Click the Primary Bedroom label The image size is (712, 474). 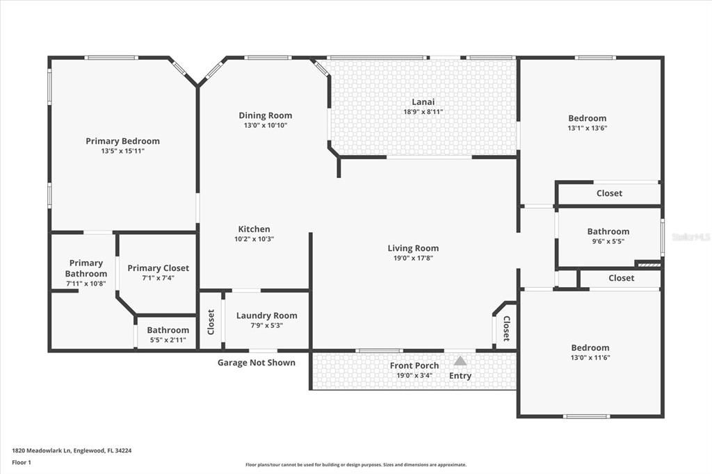[122, 141]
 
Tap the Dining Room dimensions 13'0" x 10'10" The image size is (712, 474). [265, 126]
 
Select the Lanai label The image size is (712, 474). [423, 102]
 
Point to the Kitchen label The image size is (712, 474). [254, 229]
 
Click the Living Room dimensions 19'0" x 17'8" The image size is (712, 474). [413, 259]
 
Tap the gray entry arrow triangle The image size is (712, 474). [460, 361]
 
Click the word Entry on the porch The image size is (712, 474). [460, 376]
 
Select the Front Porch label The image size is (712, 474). [414, 366]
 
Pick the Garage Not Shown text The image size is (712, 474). [256, 363]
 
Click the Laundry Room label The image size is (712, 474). [266, 316]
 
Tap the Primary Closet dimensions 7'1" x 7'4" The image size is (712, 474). [158, 278]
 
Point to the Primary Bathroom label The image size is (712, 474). [86, 268]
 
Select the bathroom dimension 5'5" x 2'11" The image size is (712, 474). [168, 340]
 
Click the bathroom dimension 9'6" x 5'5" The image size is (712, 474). [608, 242]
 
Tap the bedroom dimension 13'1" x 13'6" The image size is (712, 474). [587, 128]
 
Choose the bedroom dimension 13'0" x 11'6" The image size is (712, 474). [590, 358]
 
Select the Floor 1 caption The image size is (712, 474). [22, 461]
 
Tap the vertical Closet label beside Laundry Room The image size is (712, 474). [211, 322]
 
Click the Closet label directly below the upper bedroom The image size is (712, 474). [609, 193]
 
